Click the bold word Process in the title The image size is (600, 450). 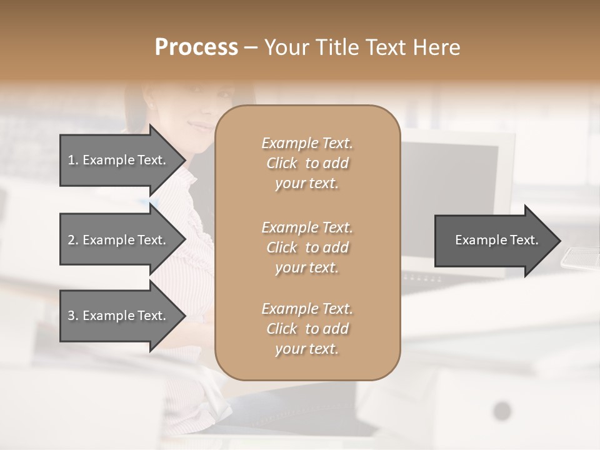(x=196, y=47)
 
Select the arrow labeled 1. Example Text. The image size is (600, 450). (x=117, y=160)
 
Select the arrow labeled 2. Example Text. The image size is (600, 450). (x=117, y=240)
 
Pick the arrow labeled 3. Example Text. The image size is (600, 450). (x=117, y=316)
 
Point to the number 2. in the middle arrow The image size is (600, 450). (x=72, y=240)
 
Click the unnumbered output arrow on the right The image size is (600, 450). (x=487, y=240)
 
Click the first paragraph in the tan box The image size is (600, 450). (x=307, y=163)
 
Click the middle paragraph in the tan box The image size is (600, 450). (x=307, y=247)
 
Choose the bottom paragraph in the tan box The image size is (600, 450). (x=307, y=329)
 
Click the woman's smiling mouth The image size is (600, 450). (x=201, y=126)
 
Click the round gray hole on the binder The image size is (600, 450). (x=502, y=411)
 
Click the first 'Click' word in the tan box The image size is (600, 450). (x=282, y=163)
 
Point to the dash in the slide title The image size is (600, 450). (x=251, y=48)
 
